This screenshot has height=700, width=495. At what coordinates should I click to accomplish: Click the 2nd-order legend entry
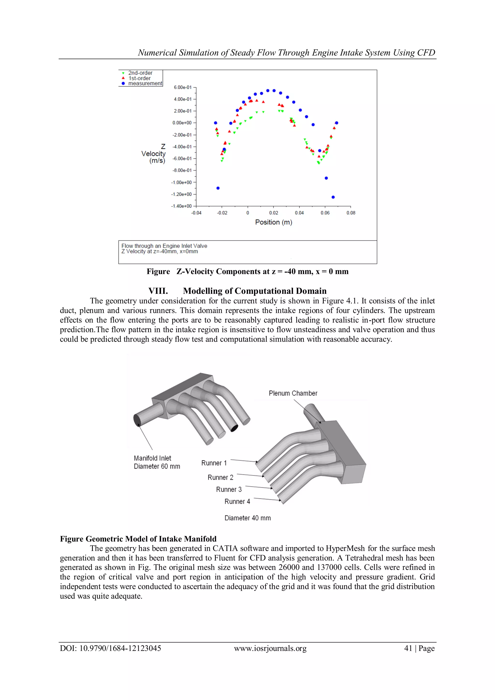pos(140,73)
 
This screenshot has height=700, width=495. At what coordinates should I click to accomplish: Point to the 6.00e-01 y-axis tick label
pos(183,87)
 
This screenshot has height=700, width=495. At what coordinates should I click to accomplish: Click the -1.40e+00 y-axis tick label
pos(182,206)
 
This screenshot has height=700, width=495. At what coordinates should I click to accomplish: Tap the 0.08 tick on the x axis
pos(351,213)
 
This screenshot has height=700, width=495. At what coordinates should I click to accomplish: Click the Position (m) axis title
pos(274,222)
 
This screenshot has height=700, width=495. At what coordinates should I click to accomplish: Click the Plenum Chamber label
pos(293,393)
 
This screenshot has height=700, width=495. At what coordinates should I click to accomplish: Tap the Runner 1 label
pos(214,463)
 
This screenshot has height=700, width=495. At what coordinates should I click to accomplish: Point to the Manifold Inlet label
pos(153,458)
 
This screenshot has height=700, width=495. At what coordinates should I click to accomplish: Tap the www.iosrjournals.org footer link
pos(270,648)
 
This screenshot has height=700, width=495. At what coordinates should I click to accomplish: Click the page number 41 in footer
pos(408,648)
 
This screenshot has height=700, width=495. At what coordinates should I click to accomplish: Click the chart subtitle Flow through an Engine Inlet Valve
pos(164,246)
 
